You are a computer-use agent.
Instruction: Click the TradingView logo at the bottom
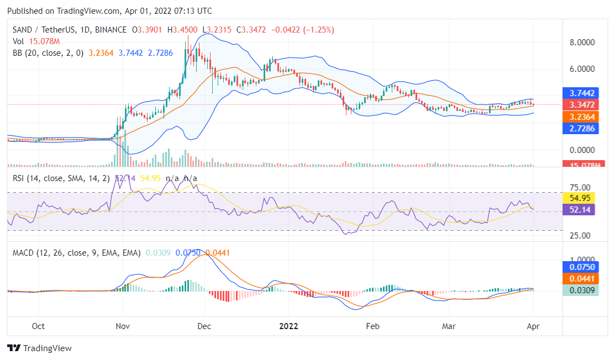(x=39, y=348)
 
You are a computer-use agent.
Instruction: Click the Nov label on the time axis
(x=123, y=326)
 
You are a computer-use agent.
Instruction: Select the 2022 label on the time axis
(x=288, y=326)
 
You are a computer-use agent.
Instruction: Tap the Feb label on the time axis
(x=374, y=326)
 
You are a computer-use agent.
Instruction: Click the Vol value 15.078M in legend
(x=45, y=41)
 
